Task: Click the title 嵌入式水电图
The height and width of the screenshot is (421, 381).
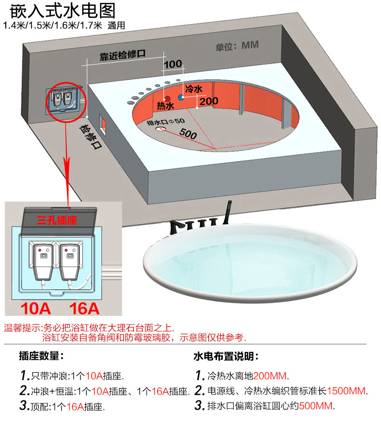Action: tap(63, 11)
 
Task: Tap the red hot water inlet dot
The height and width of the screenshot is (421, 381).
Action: tap(167, 98)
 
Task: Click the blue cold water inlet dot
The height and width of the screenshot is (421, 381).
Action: tap(181, 97)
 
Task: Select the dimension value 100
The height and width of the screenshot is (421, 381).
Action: tap(173, 64)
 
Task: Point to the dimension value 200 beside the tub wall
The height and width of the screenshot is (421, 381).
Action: tap(209, 101)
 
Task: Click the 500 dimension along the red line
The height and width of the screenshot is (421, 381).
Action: tap(188, 134)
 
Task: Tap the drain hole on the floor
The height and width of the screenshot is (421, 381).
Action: tap(160, 129)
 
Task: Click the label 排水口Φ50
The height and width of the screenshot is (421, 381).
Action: tap(166, 122)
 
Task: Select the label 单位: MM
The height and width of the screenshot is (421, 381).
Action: tap(237, 46)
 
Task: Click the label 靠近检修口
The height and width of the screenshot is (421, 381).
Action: tap(122, 55)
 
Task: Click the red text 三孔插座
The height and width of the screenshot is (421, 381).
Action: tap(57, 220)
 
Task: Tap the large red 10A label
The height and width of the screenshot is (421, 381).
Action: tap(36, 309)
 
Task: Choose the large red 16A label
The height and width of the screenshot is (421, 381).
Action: tap(84, 309)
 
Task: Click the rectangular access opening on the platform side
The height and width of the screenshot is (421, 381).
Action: tap(103, 124)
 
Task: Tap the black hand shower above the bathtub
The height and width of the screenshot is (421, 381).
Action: tap(228, 213)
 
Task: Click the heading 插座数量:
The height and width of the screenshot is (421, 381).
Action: tap(41, 356)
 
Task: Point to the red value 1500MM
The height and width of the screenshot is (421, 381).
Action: tap(346, 391)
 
